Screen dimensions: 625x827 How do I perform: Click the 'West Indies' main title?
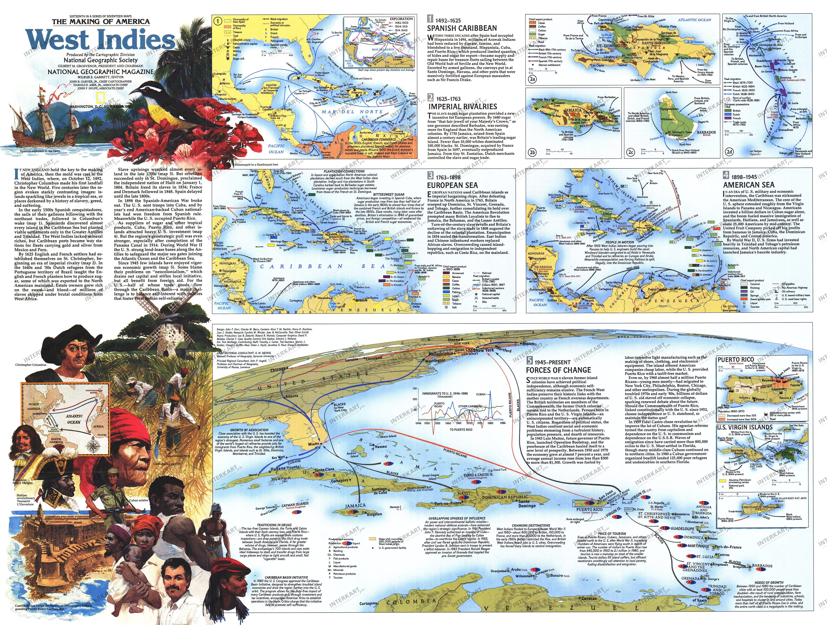click(100, 40)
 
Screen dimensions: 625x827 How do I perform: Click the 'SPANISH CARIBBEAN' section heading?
click(462, 28)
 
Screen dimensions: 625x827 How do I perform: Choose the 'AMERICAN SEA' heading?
click(749, 185)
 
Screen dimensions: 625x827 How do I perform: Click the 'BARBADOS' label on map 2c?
click(706, 132)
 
